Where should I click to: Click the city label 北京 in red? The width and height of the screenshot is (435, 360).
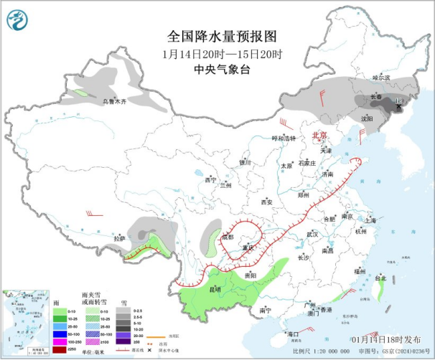point(319,134)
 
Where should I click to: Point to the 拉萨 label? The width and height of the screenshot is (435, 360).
point(119,237)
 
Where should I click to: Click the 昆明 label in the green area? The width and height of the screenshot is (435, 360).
point(214,288)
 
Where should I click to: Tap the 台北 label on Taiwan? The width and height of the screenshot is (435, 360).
point(380,277)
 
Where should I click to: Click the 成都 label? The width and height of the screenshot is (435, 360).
point(228,237)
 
